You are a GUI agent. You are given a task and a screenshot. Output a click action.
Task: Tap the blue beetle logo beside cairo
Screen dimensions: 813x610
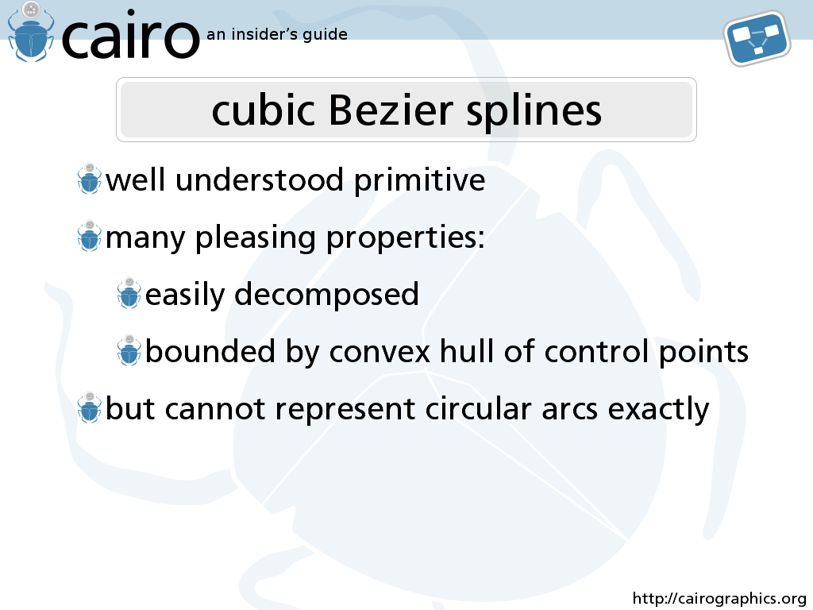[x=31, y=32]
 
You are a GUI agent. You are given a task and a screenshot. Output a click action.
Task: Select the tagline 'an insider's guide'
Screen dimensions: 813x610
[x=277, y=35]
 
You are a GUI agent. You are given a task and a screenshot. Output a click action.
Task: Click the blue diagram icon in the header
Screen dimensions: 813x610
[x=757, y=38]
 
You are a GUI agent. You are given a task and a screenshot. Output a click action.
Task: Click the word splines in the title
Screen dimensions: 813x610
[x=534, y=111]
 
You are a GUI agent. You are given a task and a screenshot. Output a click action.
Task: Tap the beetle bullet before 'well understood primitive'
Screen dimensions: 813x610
[x=89, y=179]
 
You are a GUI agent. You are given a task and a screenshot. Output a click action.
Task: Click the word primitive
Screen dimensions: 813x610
[x=419, y=181]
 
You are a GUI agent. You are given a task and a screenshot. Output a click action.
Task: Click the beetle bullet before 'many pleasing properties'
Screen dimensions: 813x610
[x=89, y=236]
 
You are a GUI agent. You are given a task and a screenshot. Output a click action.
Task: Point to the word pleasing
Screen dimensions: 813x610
[x=255, y=238]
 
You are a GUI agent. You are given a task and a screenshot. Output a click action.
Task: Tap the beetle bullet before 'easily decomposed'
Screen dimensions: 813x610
[x=129, y=293]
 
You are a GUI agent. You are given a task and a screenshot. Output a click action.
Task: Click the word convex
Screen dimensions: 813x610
[x=380, y=352]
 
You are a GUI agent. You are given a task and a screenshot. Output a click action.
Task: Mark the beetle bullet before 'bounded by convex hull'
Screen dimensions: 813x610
[x=129, y=350]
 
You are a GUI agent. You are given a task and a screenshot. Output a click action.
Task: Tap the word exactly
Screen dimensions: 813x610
[x=658, y=410]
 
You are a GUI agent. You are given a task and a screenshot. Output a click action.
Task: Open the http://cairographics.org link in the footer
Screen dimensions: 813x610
[x=719, y=599]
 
